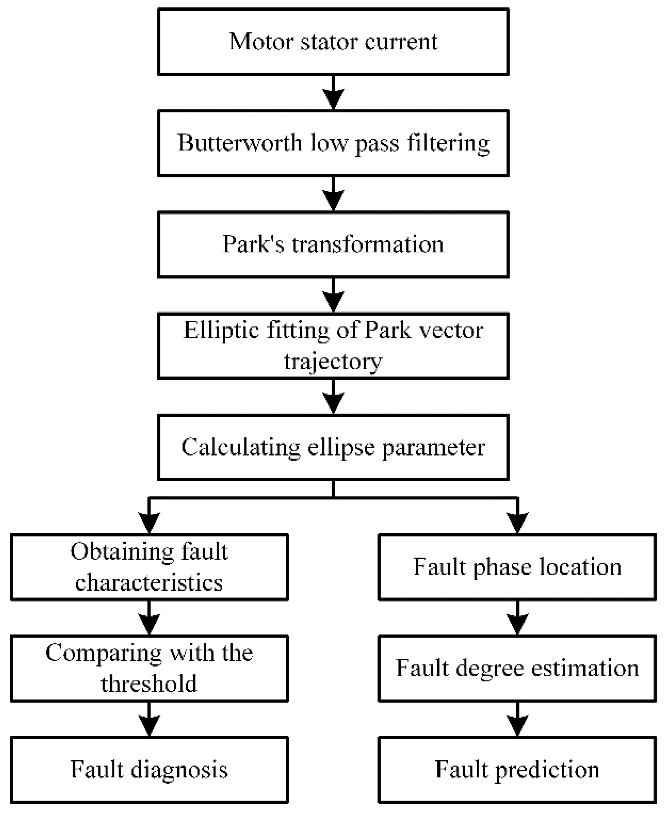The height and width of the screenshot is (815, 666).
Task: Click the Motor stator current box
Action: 333,41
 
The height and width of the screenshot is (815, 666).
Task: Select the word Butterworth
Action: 240,143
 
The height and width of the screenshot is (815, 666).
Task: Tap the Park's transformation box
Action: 333,244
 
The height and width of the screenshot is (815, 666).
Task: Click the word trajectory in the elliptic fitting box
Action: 333,361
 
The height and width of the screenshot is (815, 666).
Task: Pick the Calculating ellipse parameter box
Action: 333,447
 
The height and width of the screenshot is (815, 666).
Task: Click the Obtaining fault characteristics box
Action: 149,567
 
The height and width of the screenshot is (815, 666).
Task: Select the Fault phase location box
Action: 517,567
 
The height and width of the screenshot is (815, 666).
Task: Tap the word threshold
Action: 149,684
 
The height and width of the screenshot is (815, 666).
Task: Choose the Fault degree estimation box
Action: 517,668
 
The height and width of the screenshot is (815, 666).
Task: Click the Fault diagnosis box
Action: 149,770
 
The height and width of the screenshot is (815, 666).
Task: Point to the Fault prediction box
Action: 517,770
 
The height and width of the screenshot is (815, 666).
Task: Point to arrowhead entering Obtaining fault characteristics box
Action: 149,523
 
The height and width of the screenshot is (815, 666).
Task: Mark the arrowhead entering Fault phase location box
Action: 517,523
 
